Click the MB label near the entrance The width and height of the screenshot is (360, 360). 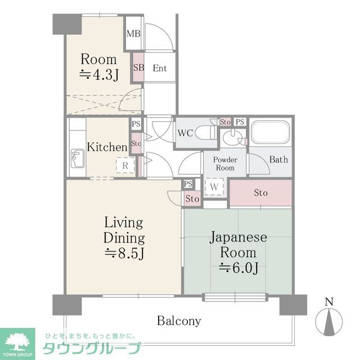[133, 34]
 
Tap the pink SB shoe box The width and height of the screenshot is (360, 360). [138, 67]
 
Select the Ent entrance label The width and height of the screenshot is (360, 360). [160, 69]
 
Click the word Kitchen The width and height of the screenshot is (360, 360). [107, 147]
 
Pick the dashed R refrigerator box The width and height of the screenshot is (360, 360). [125, 165]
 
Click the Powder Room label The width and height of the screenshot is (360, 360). [224, 164]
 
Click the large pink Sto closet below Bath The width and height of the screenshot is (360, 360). [260, 193]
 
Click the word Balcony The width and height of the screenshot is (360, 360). [179, 321]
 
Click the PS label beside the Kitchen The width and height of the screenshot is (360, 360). [136, 124]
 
